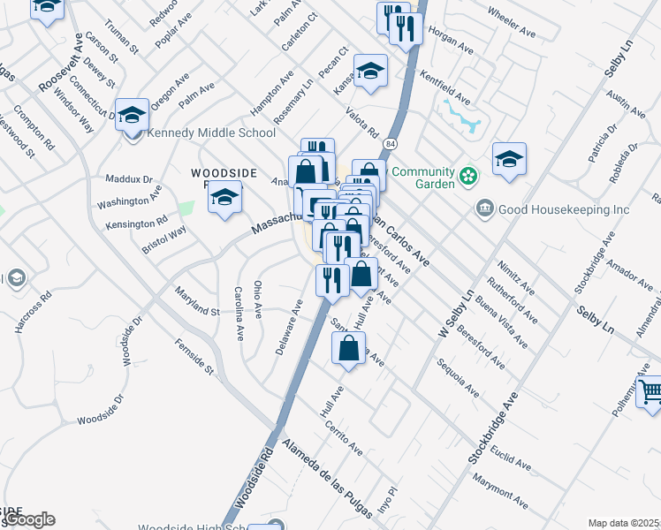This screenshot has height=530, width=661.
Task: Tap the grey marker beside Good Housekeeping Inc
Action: coord(485,208)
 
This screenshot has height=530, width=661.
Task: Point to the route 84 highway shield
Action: coord(390,141)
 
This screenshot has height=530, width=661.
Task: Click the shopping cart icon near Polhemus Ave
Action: coord(650,390)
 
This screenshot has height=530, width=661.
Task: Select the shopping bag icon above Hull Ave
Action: coord(349,347)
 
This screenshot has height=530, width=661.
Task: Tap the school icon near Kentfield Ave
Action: coord(371,70)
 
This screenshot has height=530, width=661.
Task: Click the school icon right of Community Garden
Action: coord(509,159)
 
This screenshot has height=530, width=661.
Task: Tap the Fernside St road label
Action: coord(194,356)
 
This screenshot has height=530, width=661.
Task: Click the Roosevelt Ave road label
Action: coord(60,64)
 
